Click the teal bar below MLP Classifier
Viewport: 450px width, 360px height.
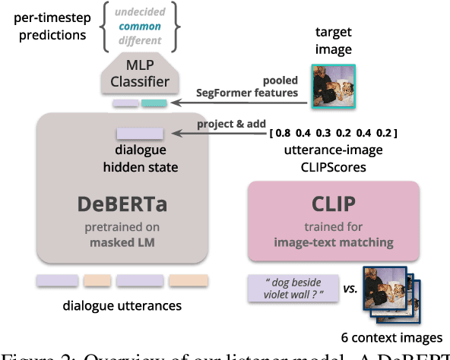pos(154,103)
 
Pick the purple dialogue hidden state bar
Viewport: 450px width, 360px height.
pos(139,134)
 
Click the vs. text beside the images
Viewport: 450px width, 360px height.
pos(350,289)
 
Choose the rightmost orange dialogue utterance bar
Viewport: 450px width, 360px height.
pos(189,281)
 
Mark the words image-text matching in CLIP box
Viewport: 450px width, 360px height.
pos(333,242)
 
